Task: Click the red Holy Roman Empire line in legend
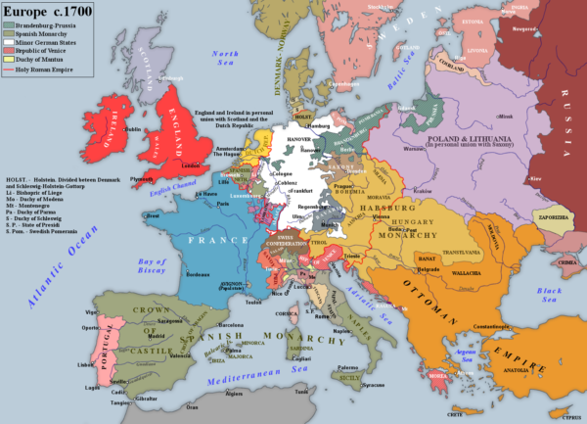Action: tap(11, 71)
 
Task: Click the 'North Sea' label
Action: tap(226, 58)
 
